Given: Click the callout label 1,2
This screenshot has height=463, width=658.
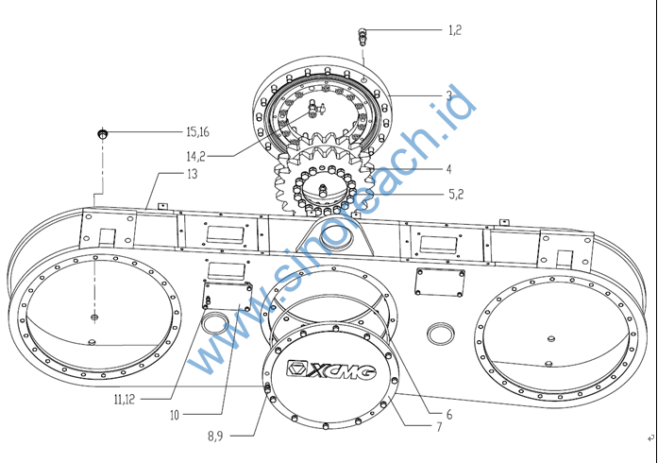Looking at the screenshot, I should click(454, 30).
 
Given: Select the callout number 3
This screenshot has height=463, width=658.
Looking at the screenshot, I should click(449, 95).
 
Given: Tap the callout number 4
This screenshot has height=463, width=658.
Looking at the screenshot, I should click(449, 169).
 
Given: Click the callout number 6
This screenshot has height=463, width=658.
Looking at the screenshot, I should click(448, 414).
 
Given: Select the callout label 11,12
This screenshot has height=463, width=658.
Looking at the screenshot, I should click(124, 399).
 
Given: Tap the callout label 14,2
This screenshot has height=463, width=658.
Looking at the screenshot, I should click(196, 156).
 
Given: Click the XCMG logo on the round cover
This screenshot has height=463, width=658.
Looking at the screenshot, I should click(330, 369).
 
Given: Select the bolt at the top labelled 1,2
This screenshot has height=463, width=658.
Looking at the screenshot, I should click(363, 38).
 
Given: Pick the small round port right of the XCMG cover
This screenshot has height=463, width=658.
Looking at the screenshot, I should click(440, 333).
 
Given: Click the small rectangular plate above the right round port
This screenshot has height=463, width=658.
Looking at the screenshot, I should click(440, 282).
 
